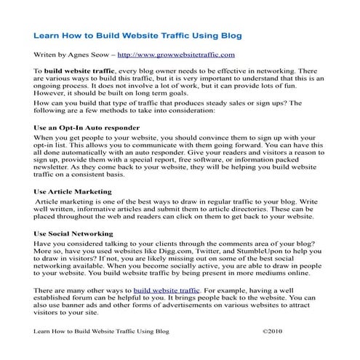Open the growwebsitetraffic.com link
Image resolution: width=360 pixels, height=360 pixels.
click(x=176, y=55)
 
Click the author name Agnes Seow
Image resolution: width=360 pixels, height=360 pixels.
click(x=89, y=55)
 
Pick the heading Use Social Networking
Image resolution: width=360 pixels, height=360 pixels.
click(x=76, y=234)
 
